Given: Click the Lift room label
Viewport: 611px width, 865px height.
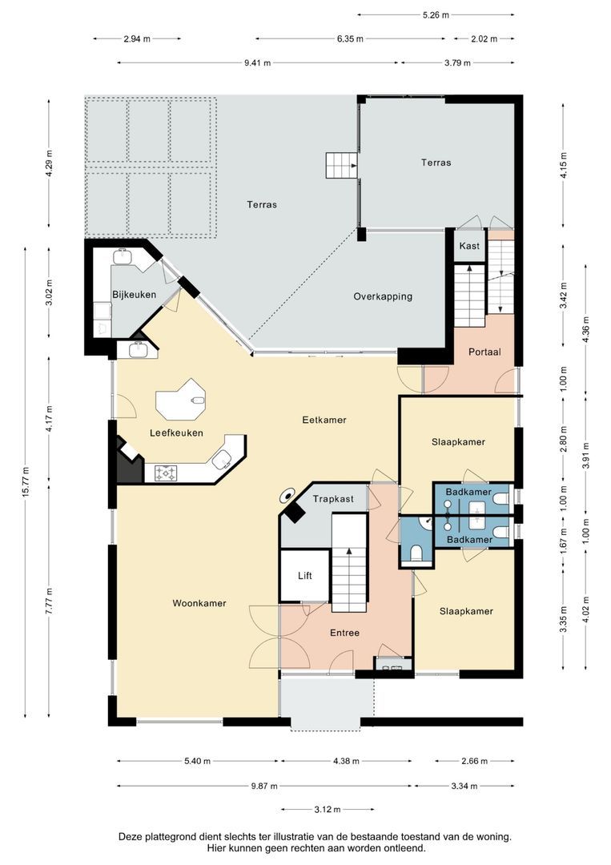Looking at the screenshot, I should coord(304,575).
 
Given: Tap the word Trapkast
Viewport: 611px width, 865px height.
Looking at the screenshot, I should coord(332,499).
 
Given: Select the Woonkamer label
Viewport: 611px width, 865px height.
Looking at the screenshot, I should coord(199,603).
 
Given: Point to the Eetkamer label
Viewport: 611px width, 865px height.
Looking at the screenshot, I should coord(324,420).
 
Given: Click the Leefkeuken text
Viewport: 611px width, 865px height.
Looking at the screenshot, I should coord(176,432).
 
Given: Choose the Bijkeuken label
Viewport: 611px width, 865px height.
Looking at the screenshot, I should coord(134,295).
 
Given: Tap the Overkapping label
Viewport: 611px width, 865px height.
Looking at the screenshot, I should coord(383,296).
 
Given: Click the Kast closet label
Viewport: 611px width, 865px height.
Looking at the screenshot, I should coord(469,246).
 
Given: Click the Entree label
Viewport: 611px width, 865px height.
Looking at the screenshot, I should coord(344,633).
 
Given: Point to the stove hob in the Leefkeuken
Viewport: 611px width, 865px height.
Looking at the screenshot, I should coord(166,473).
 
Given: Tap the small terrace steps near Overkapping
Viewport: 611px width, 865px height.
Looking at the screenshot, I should coord(340,166).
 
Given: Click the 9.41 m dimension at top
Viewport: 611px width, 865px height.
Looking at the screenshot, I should coord(256,62).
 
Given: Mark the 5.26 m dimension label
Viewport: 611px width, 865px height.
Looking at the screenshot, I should coord(436,14).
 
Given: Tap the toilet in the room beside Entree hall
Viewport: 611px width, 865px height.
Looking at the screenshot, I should coord(415,553).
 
